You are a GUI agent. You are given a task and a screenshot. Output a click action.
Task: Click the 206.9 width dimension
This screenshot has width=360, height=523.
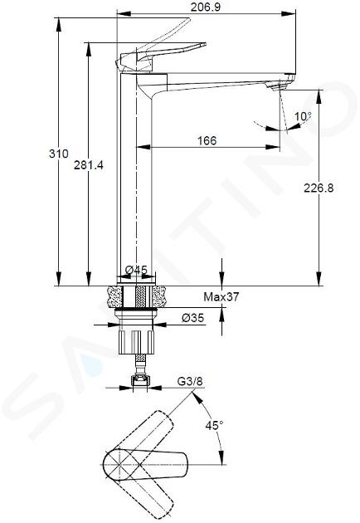pyautogui.click(x=206, y=7)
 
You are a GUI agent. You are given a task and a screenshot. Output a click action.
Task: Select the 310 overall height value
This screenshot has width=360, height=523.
pyautogui.click(x=59, y=154)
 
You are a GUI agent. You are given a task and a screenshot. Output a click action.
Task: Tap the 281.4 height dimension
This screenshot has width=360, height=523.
pyautogui.click(x=89, y=164)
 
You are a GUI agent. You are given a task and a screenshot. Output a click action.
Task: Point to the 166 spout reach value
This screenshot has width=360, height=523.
pyautogui.click(x=207, y=140)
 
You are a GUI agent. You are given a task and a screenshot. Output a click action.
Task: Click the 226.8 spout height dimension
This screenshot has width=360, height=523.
pyautogui.click(x=319, y=188)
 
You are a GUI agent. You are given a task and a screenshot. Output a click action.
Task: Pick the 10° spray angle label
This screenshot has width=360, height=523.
pyautogui.click(x=303, y=116)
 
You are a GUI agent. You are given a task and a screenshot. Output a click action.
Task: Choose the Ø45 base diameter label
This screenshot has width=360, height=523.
pyautogui.click(x=136, y=270)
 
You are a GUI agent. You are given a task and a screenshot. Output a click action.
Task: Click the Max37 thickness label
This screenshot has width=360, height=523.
pyautogui.click(x=221, y=296)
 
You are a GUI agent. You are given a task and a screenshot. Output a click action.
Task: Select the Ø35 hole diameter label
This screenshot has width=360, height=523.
pyautogui.click(x=192, y=318)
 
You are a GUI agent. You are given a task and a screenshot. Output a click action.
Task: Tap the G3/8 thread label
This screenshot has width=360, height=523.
pyautogui.click(x=190, y=381)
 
